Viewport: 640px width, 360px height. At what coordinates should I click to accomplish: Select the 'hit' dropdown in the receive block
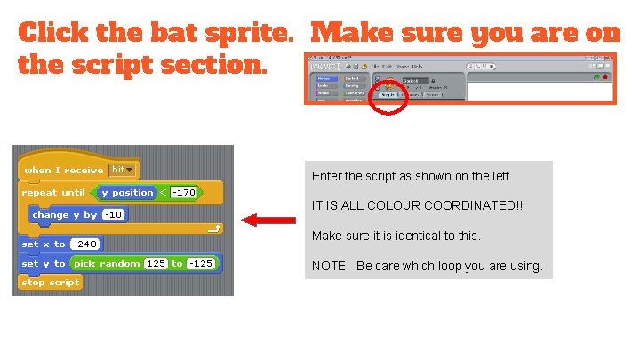pos(123,170)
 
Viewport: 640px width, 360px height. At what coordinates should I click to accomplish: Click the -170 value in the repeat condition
pos(183,192)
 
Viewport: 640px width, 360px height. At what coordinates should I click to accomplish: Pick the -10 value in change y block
pos(113,214)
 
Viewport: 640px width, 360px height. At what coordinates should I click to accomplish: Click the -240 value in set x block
pos(84,244)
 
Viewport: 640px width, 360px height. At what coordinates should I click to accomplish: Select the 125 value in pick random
pos(156,263)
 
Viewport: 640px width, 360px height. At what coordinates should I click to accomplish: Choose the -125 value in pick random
pos(201,263)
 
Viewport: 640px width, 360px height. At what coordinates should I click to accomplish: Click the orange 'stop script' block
pos(51,283)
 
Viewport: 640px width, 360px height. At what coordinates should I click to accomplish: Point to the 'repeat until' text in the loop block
pos(53,192)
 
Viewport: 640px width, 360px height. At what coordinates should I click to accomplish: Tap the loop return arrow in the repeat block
pos(213,229)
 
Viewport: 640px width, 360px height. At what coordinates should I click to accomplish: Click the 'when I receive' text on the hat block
pos(63,170)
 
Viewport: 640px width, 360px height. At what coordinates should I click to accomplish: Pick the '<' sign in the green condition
pos(163,192)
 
